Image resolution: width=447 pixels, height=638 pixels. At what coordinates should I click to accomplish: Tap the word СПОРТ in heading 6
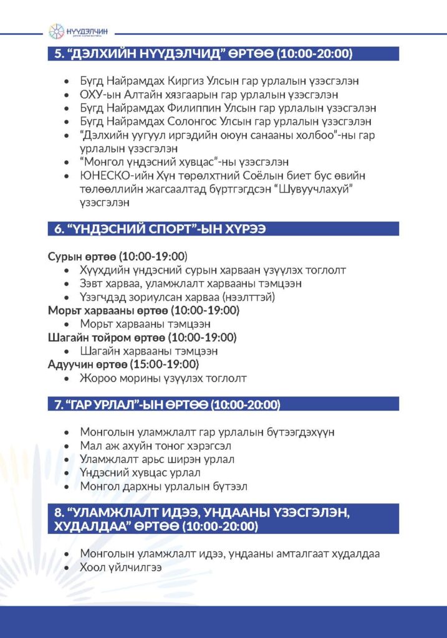click(145, 229)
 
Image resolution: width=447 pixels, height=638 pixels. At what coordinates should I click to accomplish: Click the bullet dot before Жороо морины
click(67, 378)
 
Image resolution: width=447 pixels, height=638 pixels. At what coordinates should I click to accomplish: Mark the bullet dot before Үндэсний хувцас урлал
click(67, 474)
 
